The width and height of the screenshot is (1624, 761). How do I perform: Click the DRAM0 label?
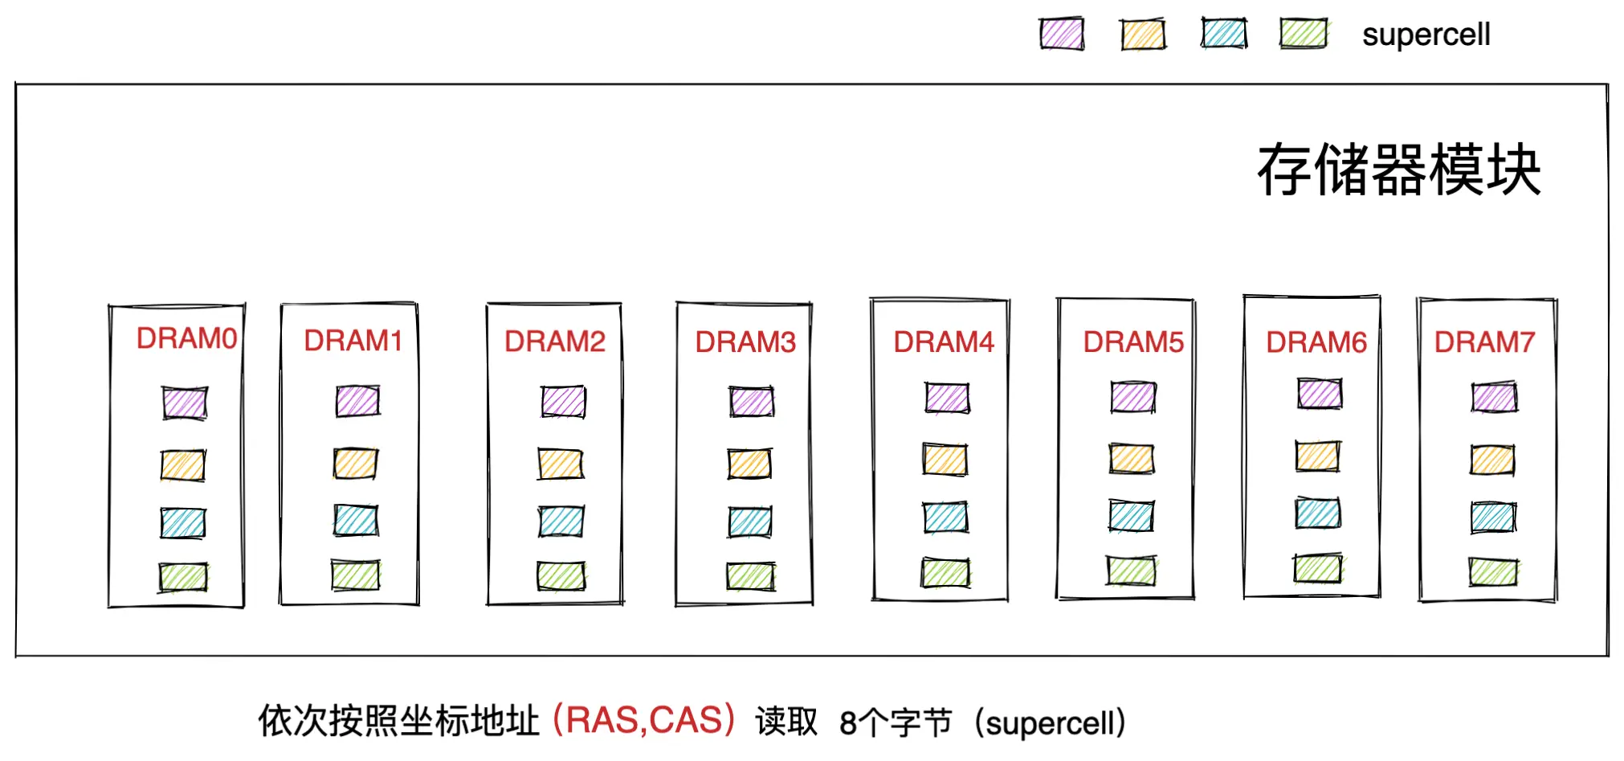pos(186,338)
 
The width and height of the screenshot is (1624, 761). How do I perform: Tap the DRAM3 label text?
pos(745,342)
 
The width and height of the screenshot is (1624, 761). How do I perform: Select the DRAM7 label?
pos(1484,342)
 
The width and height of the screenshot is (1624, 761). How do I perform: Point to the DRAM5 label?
pos(1132,342)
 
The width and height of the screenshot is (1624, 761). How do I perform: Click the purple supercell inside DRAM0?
pos(185,403)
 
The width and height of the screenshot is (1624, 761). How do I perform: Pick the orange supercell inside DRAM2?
pos(561,464)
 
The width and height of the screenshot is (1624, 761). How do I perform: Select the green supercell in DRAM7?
pos(1493,572)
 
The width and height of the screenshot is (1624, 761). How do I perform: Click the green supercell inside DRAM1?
pos(356,575)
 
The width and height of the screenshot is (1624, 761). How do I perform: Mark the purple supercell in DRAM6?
pos(1319,394)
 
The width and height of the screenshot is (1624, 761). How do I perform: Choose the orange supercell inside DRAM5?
pos(1132,459)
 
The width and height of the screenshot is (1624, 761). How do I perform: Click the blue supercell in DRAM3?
pos(750,522)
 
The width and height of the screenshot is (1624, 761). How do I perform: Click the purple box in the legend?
pos(1061,35)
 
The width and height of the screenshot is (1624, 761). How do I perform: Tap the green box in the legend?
pos(1303,35)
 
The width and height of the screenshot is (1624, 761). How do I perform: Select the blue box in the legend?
pos(1224,35)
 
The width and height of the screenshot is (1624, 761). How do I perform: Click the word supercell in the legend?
pos(1426,35)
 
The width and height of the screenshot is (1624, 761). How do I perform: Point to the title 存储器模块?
pos(1398,170)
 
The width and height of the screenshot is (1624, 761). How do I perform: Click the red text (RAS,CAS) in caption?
pos(644,720)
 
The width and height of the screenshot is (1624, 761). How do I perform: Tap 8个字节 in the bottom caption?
pos(895,722)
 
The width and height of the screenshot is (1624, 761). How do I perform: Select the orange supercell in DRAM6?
pos(1317,456)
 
